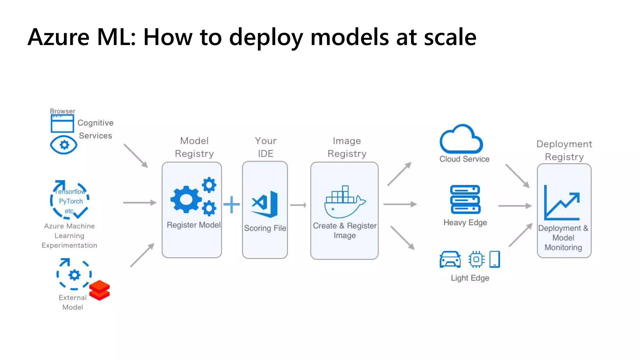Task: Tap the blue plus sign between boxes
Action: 232,205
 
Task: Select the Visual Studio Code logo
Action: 265,204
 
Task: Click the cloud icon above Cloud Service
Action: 461,139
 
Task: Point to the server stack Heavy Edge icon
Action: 465,199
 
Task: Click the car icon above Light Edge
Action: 450,259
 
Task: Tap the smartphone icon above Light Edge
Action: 494,259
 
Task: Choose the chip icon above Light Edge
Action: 476,259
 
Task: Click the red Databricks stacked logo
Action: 99,290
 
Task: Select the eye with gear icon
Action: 64,145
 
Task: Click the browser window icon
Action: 62,123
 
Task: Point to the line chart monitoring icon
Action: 562,203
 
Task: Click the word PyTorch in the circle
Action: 71,201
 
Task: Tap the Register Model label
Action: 193,225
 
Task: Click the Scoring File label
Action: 265,228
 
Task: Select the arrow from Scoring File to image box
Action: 298,205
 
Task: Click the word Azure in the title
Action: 58,37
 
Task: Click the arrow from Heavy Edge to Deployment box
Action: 515,206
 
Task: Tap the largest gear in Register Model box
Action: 186,199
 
